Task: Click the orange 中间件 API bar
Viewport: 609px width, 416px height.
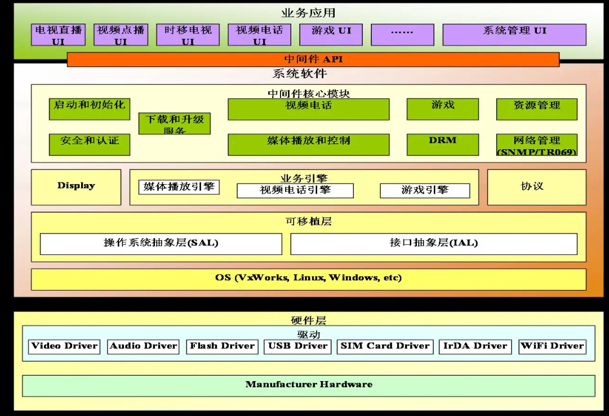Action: coord(313,60)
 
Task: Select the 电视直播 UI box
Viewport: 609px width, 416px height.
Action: coord(59,35)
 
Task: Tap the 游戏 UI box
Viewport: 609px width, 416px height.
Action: coord(331,35)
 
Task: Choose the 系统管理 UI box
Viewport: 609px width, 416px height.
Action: coord(514,35)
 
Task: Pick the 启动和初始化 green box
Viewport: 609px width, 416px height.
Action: coord(90,109)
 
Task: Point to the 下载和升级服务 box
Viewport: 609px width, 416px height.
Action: coord(175,123)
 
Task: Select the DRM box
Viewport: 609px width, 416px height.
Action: coord(442,144)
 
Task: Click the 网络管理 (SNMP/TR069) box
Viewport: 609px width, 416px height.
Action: coord(536,145)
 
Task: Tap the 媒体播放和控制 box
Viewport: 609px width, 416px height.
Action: coord(308,144)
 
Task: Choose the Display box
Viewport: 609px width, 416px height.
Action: coord(76,187)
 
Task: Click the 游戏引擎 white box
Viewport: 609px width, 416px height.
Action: coord(425,191)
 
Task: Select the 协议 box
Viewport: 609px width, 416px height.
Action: coord(536,187)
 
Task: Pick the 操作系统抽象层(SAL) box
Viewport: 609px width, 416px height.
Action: coord(161,244)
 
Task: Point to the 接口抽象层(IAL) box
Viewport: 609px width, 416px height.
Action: coord(433,244)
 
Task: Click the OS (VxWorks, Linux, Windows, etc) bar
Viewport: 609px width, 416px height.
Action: coord(308,279)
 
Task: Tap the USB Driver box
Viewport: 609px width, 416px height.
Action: coord(297,347)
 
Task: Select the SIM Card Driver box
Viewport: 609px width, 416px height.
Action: coord(385,347)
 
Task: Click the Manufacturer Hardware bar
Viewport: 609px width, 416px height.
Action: coord(308,386)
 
